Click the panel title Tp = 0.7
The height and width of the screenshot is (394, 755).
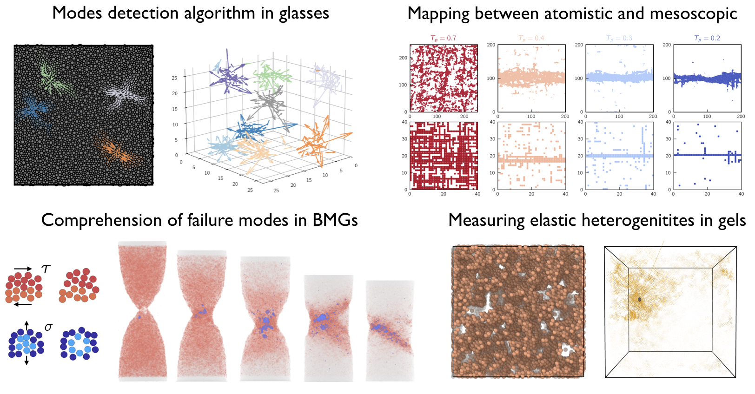point(443,38)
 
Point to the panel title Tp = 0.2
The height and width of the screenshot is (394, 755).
point(707,38)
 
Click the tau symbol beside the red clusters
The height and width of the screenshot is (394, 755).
point(46,269)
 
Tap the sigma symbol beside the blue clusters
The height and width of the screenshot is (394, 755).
point(48,327)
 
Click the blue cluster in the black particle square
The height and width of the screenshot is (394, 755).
point(33,109)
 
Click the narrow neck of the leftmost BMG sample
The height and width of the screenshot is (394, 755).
point(143,310)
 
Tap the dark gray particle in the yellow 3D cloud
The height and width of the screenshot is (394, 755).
point(640,299)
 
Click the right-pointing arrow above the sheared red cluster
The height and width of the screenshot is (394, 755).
point(23,269)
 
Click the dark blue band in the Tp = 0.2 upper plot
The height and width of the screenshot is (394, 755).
point(707,78)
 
